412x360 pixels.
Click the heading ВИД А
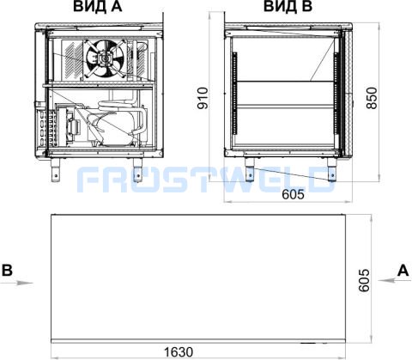(x=98, y=6)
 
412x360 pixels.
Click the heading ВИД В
(x=288, y=6)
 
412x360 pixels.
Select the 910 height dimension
(x=203, y=98)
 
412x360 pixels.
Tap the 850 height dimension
(x=372, y=98)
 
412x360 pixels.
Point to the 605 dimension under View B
(x=293, y=194)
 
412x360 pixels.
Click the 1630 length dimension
(x=179, y=352)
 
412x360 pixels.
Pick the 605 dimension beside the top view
(x=364, y=280)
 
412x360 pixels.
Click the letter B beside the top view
(x=7, y=270)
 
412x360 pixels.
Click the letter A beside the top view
(x=403, y=270)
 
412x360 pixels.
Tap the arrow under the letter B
(x=16, y=283)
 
